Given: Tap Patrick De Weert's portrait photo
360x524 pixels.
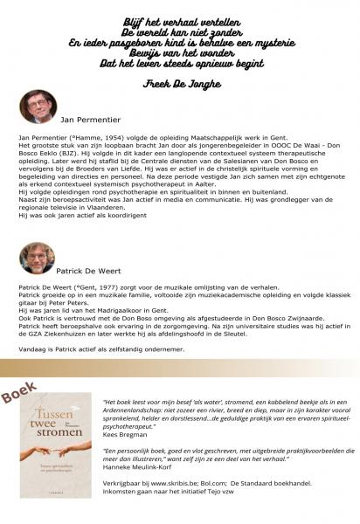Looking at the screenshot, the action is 35,258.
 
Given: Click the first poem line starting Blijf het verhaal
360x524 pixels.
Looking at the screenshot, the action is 180,18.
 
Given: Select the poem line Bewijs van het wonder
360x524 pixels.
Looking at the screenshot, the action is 180,52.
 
